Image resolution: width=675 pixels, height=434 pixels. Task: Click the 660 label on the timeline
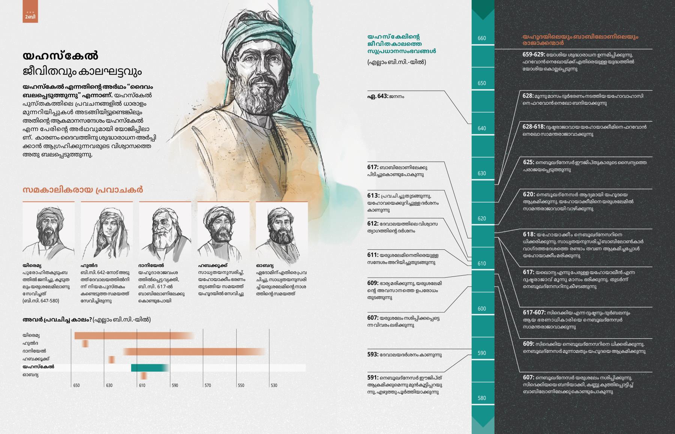tap(482, 38)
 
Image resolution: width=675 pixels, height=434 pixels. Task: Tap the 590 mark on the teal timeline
tap(482, 353)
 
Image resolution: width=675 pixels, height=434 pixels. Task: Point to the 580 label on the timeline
tap(482, 398)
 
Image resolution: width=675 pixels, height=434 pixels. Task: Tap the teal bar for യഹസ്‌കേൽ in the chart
tap(149, 368)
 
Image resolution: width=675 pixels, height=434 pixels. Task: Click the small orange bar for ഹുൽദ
tap(85, 344)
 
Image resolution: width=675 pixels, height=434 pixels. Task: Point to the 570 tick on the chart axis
tap(208, 385)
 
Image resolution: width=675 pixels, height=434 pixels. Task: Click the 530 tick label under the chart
tap(274, 385)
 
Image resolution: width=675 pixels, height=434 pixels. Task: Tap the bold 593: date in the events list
tap(373, 354)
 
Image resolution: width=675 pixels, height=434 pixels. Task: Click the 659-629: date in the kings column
tap(534, 54)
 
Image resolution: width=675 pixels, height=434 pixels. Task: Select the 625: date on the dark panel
tap(528, 162)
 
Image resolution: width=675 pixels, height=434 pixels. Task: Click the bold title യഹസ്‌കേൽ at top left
tap(60, 56)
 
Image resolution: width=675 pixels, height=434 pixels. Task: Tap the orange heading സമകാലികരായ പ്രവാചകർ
tap(82, 190)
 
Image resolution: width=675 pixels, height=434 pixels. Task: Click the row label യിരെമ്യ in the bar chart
tap(31, 335)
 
